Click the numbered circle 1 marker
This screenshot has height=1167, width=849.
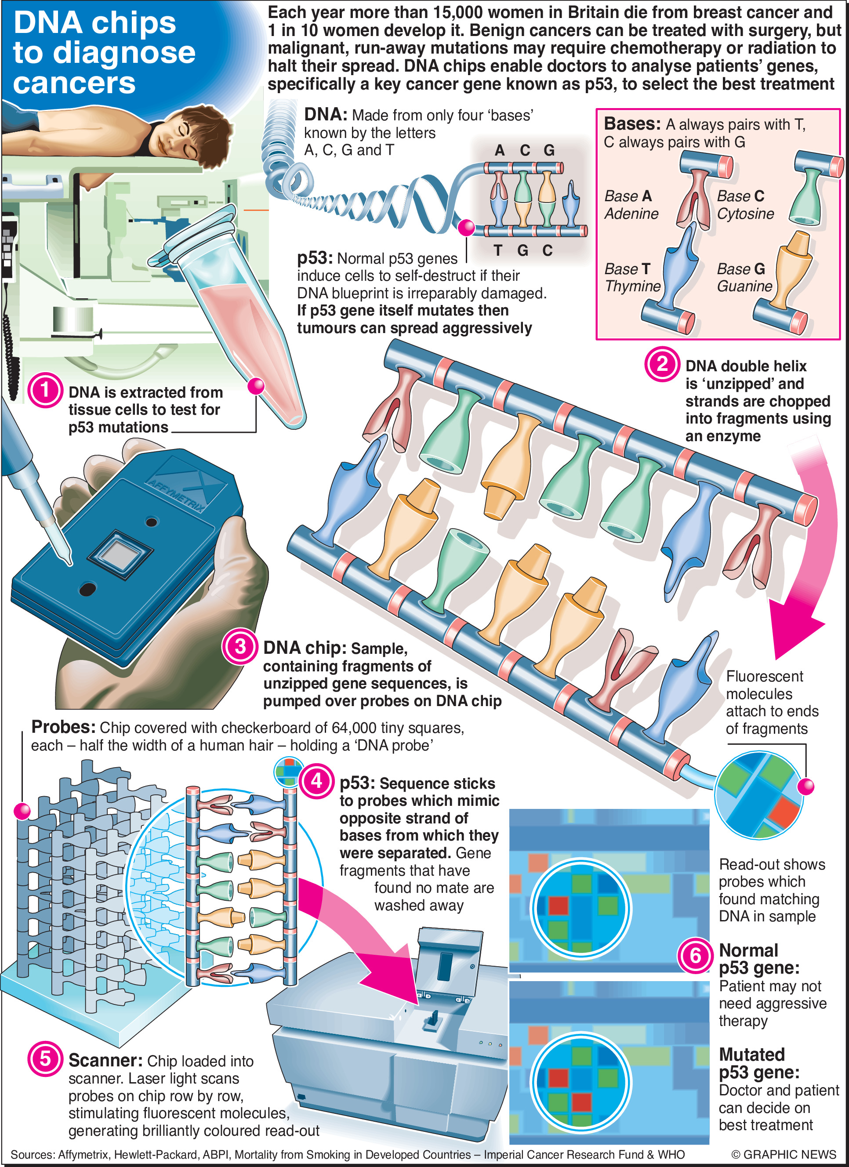coord(45,390)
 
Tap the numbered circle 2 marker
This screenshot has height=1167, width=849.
coord(662,364)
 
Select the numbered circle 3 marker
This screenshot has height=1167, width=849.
coord(240,646)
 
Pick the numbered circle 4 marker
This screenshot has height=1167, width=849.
coord(316,781)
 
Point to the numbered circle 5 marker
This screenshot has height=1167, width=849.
coord(45,1058)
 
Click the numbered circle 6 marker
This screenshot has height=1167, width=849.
coord(695,956)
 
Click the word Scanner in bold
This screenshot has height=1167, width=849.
coord(105,1061)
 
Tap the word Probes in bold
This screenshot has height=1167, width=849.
coord(63,727)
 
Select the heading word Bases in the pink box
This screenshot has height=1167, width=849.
coord(632,124)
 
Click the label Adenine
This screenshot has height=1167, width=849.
coord(631,214)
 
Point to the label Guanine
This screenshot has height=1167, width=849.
coord(744,286)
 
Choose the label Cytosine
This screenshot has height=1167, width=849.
coord(746,214)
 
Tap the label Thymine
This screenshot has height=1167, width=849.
coord(633,286)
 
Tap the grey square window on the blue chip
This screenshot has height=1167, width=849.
coord(120,554)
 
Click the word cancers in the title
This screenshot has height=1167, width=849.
coord(74,83)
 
